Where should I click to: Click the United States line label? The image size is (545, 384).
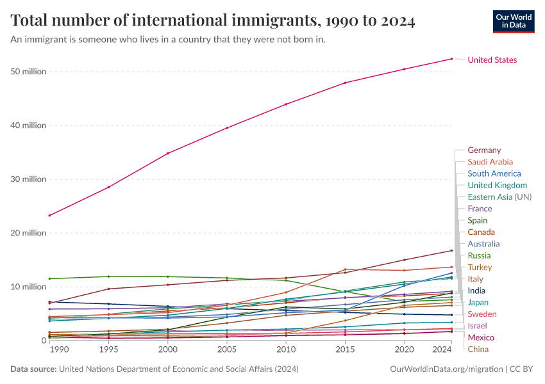pyautogui.click(x=492, y=60)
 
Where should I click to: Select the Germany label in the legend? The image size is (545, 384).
pyautogui.click(x=484, y=150)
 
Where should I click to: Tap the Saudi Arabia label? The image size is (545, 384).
pyautogui.click(x=490, y=162)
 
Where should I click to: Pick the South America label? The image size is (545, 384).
pyautogui.click(x=494, y=173)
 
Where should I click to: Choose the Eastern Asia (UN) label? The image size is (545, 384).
pyautogui.click(x=499, y=196)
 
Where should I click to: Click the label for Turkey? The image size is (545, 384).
pyautogui.click(x=480, y=267)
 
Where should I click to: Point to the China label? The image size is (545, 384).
pyautogui.click(x=478, y=349)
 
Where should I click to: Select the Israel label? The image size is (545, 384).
pyautogui.click(x=477, y=326)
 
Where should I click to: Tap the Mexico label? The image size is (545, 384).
pyautogui.click(x=480, y=337)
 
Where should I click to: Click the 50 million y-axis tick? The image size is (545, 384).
pyautogui.click(x=28, y=72)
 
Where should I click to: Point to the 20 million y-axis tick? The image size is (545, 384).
pyautogui.click(x=28, y=233)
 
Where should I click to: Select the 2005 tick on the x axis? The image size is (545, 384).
pyautogui.click(x=227, y=350)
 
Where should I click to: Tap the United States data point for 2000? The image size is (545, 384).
pyautogui.click(x=168, y=154)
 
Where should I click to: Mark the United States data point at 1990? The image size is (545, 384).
pyautogui.click(x=49, y=216)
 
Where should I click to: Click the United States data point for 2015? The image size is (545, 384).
pyautogui.click(x=346, y=83)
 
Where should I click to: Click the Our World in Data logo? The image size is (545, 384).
pyautogui.click(x=514, y=21)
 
